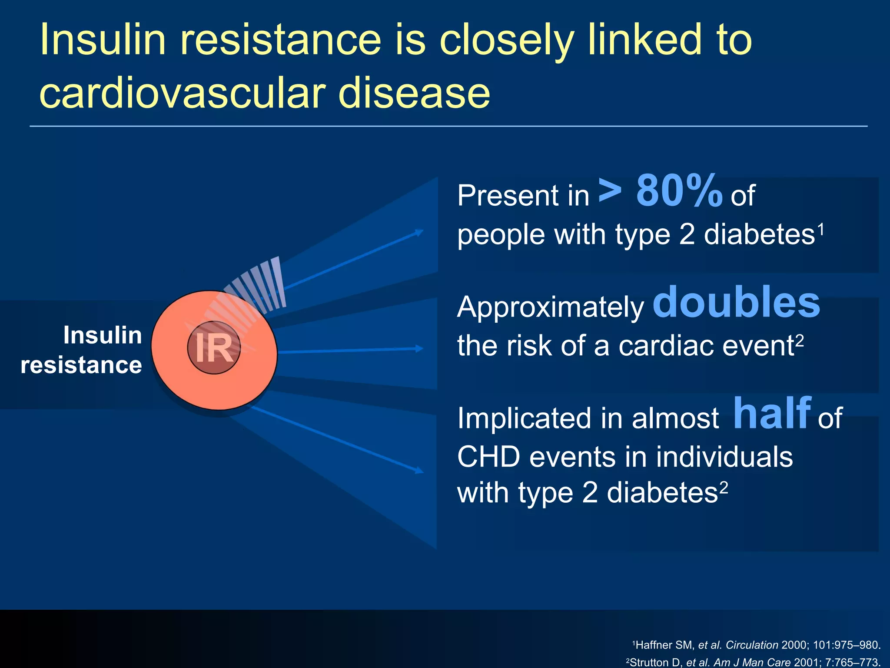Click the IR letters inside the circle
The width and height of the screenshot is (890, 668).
(x=214, y=348)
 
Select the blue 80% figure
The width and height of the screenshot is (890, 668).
(x=679, y=191)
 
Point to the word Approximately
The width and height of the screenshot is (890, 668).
(x=551, y=307)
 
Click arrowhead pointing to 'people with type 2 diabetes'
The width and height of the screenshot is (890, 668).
(x=419, y=232)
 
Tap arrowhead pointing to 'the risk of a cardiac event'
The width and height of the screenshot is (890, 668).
(x=419, y=348)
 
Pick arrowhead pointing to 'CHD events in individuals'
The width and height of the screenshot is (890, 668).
(x=419, y=470)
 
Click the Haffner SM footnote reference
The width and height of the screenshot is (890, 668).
(x=756, y=645)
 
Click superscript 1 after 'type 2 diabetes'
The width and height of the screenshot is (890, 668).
(x=821, y=228)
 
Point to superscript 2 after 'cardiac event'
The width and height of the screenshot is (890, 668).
(x=800, y=340)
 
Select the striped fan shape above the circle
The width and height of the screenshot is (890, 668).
(x=256, y=287)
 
